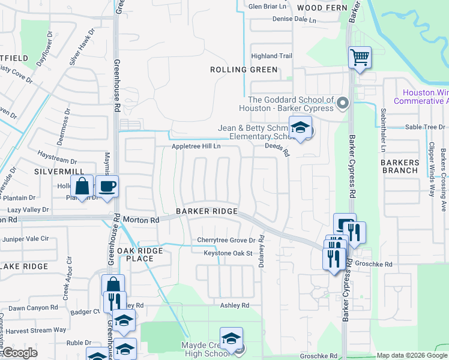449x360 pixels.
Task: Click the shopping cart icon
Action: click(360, 58)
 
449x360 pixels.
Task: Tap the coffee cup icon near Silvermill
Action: click(107, 186)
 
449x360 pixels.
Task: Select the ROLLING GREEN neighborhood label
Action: click(244, 70)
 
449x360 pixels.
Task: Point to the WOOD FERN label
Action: click(319, 7)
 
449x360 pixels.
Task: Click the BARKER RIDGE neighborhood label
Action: click(206, 212)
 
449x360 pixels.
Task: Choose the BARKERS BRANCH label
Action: click(400, 166)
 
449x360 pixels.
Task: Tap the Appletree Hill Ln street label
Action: click(196, 146)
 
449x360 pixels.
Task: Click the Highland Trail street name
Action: click(271, 56)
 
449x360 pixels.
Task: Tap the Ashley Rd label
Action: click(234, 305)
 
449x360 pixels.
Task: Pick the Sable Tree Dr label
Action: click(424, 127)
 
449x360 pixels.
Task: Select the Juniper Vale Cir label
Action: click(26, 238)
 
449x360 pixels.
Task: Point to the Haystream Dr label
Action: click(57, 161)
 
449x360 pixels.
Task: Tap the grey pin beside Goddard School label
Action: click(343, 104)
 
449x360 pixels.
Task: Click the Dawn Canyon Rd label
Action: click(33, 308)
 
